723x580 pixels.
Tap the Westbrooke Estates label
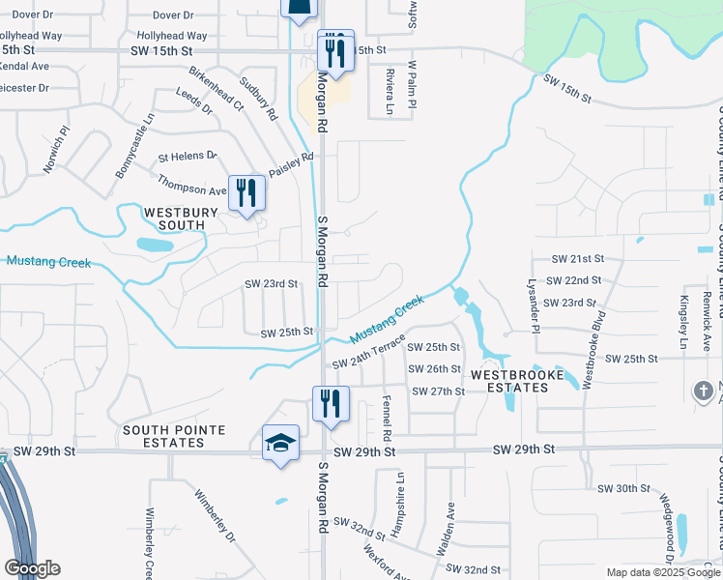509,380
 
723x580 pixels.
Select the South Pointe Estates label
174,436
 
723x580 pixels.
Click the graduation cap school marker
280,444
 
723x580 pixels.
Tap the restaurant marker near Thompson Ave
246,192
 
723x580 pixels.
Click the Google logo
32,568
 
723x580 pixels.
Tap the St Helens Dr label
188,156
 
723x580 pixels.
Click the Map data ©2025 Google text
662,572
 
